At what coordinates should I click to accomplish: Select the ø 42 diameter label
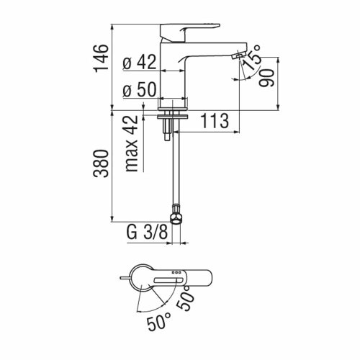coord(140,62)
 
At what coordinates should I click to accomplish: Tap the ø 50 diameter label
coord(140,90)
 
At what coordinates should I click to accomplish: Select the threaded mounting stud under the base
coord(168,130)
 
